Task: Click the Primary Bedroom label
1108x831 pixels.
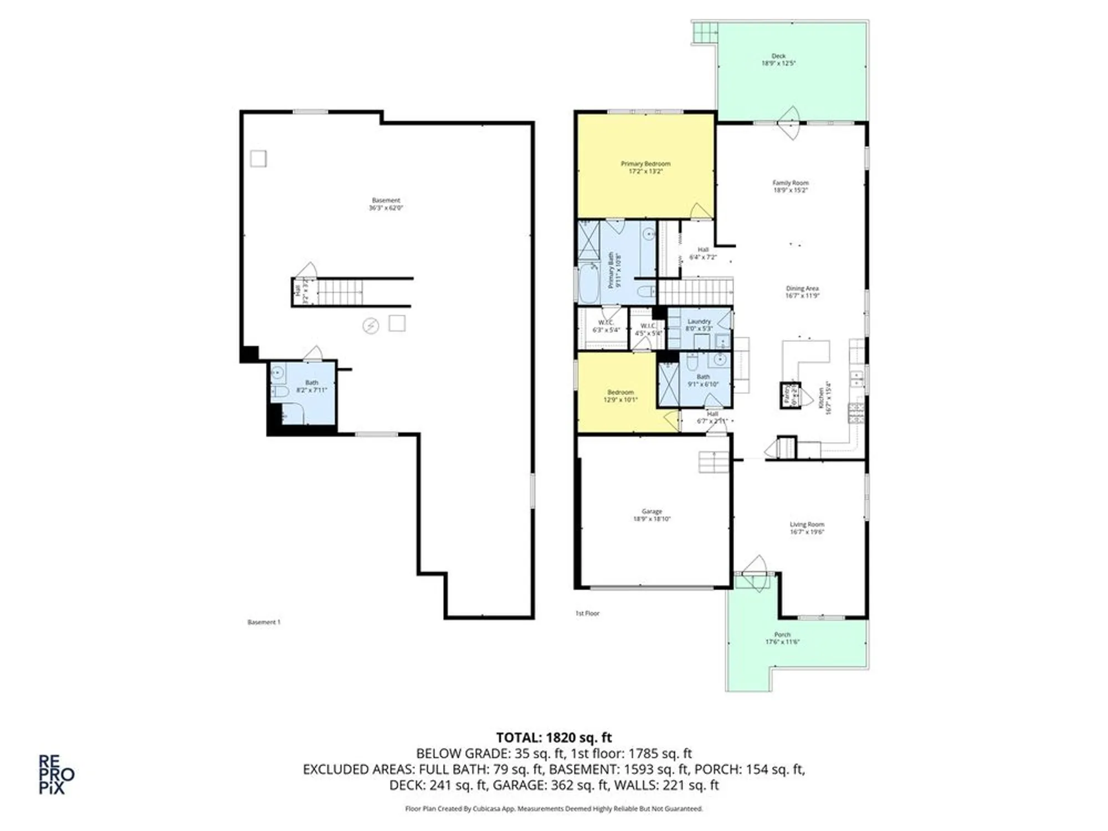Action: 645,164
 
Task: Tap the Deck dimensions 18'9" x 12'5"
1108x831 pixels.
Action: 778,64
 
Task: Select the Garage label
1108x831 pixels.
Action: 652,511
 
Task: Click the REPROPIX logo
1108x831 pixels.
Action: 55,774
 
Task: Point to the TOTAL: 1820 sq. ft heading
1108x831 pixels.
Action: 553,737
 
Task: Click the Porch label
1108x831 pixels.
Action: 782,634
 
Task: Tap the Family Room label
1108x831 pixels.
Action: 791,183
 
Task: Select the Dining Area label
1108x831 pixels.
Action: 802,289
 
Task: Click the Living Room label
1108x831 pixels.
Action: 807,524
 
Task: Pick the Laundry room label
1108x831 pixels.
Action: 699,321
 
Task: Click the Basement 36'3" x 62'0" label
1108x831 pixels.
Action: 386,204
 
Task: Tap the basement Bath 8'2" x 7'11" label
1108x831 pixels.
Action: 311,386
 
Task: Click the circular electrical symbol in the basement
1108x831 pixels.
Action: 371,326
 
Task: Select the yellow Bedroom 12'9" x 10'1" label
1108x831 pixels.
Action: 620,396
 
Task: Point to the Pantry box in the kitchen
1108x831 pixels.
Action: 791,395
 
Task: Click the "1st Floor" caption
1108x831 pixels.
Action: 587,613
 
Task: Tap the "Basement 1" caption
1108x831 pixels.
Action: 264,622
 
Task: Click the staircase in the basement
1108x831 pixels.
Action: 339,293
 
